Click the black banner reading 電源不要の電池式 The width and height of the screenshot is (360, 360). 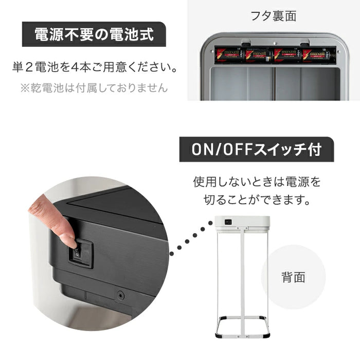tap(94, 34)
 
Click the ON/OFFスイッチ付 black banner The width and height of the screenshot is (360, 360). tap(256, 150)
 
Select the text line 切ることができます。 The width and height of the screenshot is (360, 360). tap(256, 200)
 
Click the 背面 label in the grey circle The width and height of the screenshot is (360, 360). tap(293, 278)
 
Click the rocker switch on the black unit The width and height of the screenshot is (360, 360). tap(77, 254)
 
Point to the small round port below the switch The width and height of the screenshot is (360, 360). tap(120, 296)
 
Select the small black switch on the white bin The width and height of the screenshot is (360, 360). tap(228, 222)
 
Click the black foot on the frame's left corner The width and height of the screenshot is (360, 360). tap(219, 335)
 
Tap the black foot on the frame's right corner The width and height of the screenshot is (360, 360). tap(266, 335)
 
